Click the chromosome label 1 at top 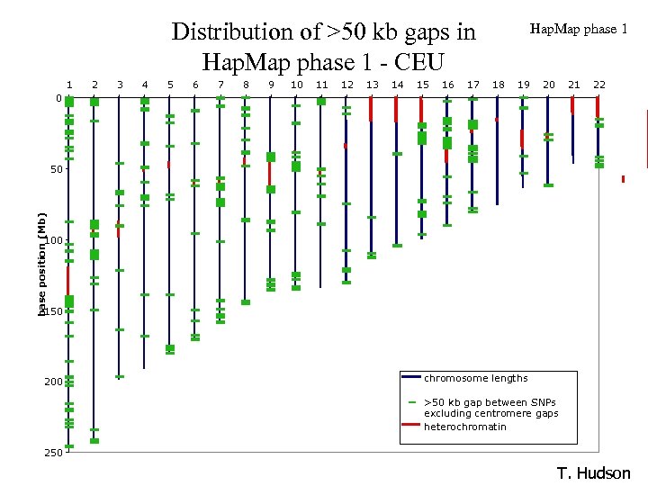[69, 85]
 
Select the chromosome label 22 [599, 85]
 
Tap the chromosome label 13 [372, 85]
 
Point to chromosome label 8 [246, 85]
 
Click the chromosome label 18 [498, 85]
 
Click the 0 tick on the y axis [58, 98]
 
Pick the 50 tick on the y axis [54, 169]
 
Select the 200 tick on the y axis [52, 382]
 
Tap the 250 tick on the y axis [52, 453]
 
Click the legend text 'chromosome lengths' [475, 378]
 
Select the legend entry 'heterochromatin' [464, 426]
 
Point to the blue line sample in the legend [411, 377]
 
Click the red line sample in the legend [411, 425]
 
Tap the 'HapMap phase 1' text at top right [579, 29]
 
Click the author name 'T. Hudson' [594, 473]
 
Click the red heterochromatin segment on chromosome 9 [270, 172]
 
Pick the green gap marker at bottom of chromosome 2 [94, 441]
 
